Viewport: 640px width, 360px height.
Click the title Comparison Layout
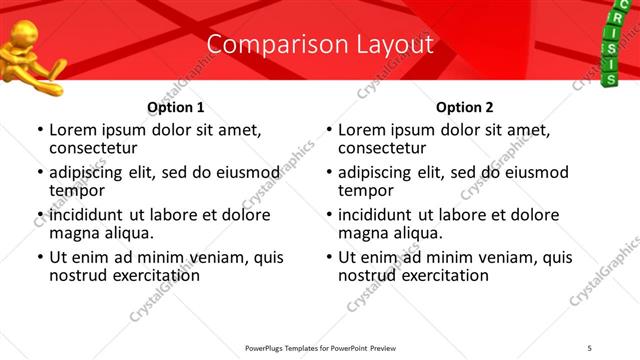pos(320,44)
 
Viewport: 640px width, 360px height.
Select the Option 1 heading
pos(175,107)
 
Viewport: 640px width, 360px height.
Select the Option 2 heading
pos(464,107)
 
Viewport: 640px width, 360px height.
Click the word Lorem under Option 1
pos(72,130)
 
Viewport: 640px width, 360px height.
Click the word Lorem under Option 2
pos(361,130)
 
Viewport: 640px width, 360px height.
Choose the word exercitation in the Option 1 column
pos(150,275)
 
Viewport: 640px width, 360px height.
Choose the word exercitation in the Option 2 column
pos(439,275)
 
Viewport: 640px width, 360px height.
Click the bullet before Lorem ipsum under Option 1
pos(40,131)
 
